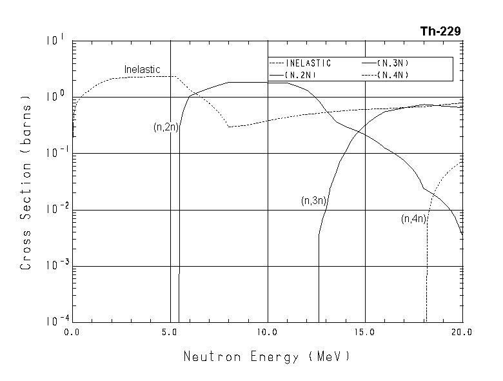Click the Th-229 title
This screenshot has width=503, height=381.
click(440, 31)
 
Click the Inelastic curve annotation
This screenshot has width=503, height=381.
click(142, 70)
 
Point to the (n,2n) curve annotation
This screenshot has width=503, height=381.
click(166, 127)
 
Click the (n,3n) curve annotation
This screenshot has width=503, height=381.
click(314, 201)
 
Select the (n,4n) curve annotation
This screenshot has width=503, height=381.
click(414, 219)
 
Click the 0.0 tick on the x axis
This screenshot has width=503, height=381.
click(72, 332)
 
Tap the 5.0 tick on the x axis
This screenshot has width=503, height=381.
click(169, 332)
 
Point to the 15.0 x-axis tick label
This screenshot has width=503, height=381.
click(364, 332)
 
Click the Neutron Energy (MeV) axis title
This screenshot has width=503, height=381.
click(266, 356)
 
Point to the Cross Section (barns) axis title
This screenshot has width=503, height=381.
click(26, 183)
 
